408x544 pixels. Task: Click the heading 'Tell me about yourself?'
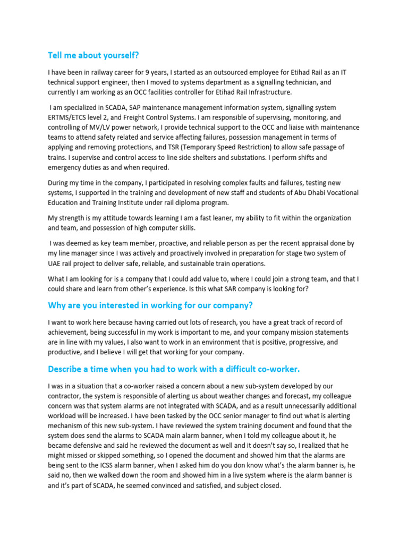[96, 55]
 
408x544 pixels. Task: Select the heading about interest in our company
[150, 305]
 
